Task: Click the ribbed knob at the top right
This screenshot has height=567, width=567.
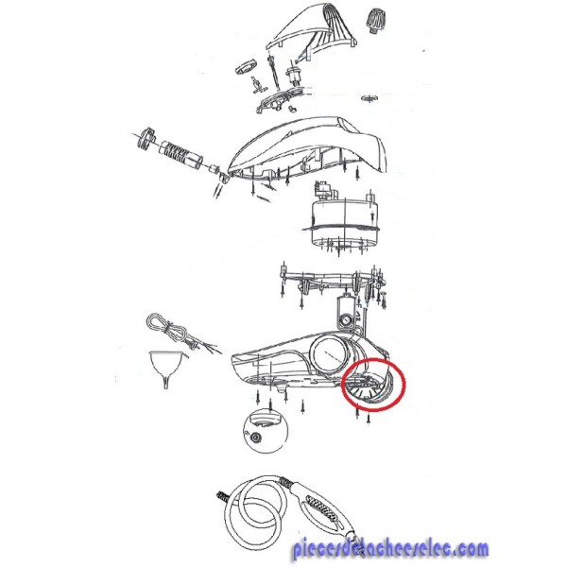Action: pyautogui.click(x=374, y=21)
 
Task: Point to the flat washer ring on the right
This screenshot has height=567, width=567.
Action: pyautogui.click(x=369, y=98)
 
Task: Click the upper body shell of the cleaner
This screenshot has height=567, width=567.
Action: pyautogui.click(x=307, y=148)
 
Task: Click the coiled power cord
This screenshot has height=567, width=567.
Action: pyautogui.click(x=170, y=330)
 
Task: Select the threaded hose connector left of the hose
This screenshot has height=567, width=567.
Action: pyautogui.click(x=222, y=497)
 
